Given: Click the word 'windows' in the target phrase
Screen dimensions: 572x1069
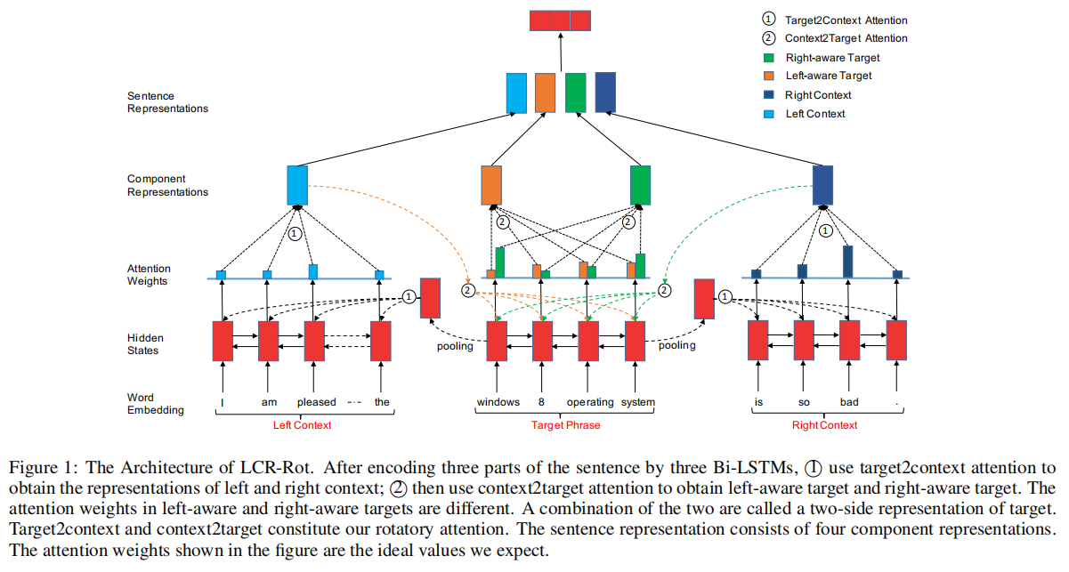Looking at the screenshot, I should click(x=498, y=402).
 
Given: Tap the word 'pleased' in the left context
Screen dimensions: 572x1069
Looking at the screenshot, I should click(x=316, y=402).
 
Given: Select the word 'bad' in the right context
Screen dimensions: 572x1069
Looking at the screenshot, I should click(x=849, y=402).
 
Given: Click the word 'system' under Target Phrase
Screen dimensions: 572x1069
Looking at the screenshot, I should click(x=638, y=402).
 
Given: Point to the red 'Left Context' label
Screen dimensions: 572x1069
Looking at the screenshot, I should click(x=302, y=425).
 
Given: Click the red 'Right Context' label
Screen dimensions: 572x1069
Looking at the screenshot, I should click(x=825, y=425).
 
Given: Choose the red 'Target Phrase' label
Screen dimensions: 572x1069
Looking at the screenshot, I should click(x=566, y=425).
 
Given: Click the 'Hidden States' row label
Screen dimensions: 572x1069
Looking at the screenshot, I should click(x=145, y=344).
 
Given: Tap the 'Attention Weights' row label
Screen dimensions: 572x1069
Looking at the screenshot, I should click(x=149, y=275).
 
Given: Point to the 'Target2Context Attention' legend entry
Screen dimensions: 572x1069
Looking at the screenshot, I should click(x=846, y=20).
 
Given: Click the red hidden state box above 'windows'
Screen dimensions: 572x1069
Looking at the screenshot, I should click(x=497, y=341).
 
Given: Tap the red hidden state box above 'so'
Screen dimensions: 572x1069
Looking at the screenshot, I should click(x=804, y=341).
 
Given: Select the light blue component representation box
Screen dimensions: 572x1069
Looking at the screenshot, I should click(x=297, y=184).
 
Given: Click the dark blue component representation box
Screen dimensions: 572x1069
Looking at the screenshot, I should click(x=823, y=184).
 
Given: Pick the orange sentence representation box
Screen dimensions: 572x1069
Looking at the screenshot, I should click(x=545, y=93).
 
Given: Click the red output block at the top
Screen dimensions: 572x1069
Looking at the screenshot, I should click(x=560, y=21).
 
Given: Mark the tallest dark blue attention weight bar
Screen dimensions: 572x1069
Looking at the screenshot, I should click(x=847, y=262).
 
